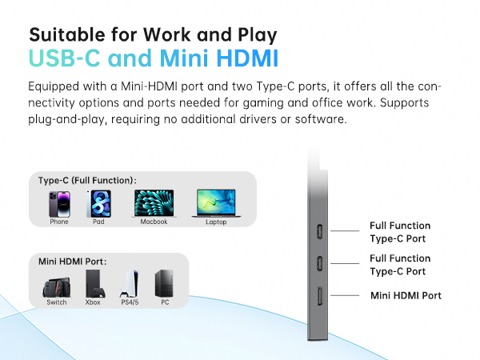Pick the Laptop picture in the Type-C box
[216, 203]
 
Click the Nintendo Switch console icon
[56, 282]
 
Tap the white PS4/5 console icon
[128, 282]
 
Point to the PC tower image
[164, 282]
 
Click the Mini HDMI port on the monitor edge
[319, 297]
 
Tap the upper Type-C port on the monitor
[319, 231]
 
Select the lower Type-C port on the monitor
[319, 264]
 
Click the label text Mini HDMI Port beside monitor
[406, 296]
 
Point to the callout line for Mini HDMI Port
[345, 295]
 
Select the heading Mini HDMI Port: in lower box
[73, 261]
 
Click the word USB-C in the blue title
[67, 59]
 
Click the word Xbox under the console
[93, 302]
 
